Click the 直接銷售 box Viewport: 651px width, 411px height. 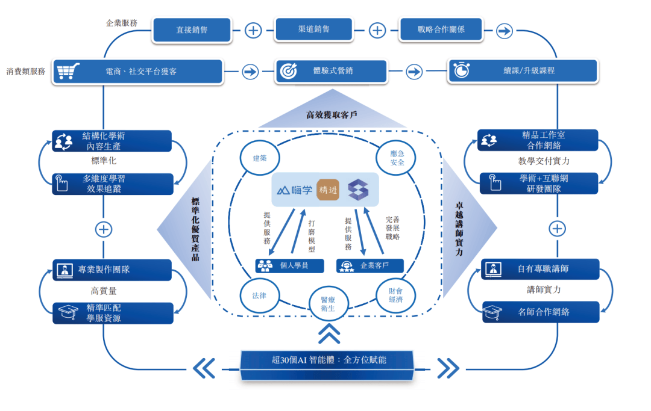click(192, 29)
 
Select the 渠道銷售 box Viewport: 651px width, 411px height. click(313, 29)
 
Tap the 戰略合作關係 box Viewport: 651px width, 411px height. click(441, 29)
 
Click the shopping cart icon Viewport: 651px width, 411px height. click(66, 71)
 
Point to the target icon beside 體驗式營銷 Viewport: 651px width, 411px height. click(289, 71)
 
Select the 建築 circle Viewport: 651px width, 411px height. click(260, 158)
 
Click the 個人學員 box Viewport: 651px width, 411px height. click(289, 265)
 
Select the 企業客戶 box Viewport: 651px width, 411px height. click(370, 265)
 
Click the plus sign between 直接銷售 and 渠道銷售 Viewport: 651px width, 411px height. click(253, 29)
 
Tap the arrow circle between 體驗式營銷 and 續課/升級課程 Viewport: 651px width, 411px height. click(414, 72)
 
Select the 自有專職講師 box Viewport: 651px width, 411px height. click(541, 269)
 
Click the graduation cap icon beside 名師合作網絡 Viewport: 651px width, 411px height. click(493, 312)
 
